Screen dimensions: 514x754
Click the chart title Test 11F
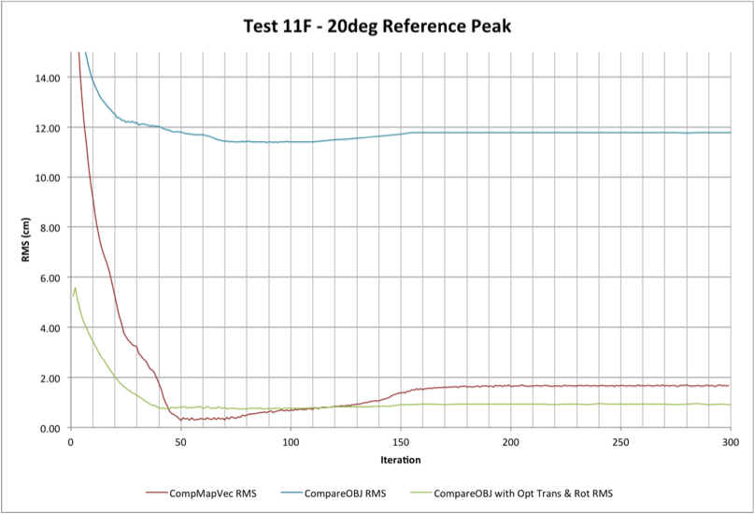[377, 26]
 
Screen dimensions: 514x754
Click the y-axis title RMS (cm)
[27, 240]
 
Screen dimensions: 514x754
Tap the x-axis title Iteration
[400, 460]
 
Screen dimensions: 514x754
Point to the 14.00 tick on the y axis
[46, 78]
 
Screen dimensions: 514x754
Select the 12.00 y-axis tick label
[46, 128]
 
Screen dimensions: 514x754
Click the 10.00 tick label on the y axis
[46, 178]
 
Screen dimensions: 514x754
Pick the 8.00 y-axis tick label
[49, 228]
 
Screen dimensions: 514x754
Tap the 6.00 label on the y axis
[49, 278]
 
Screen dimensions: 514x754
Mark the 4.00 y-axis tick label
[49, 328]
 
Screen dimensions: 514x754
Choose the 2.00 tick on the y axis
[49, 378]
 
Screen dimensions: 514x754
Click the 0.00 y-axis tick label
[49, 428]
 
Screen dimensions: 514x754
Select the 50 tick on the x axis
[180, 441]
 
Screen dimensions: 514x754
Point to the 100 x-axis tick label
[290, 441]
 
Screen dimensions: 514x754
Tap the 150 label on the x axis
[400, 441]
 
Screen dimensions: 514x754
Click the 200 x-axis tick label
[510, 441]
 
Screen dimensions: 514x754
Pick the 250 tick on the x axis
[619, 441]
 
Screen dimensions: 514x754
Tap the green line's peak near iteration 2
[75, 288]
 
